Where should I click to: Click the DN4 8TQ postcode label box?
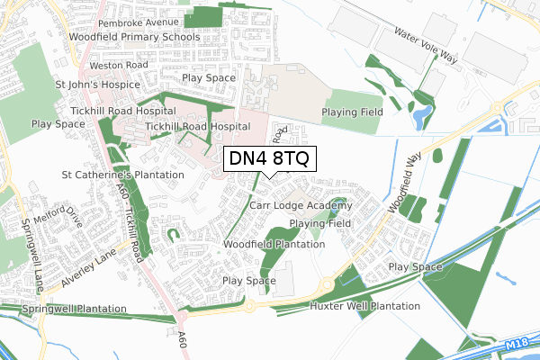click(x=269, y=160)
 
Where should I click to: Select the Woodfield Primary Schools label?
click(x=130, y=37)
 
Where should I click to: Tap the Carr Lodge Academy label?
click(x=301, y=206)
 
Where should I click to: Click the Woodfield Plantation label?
click(x=274, y=244)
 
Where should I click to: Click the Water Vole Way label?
click(x=425, y=44)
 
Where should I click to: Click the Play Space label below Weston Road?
click(x=208, y=78)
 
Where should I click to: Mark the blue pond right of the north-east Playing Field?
click(x=420, y=115)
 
